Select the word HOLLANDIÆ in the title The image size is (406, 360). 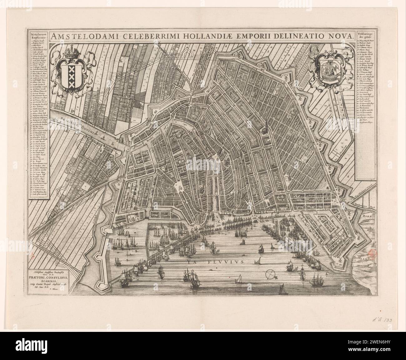point(213,36)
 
